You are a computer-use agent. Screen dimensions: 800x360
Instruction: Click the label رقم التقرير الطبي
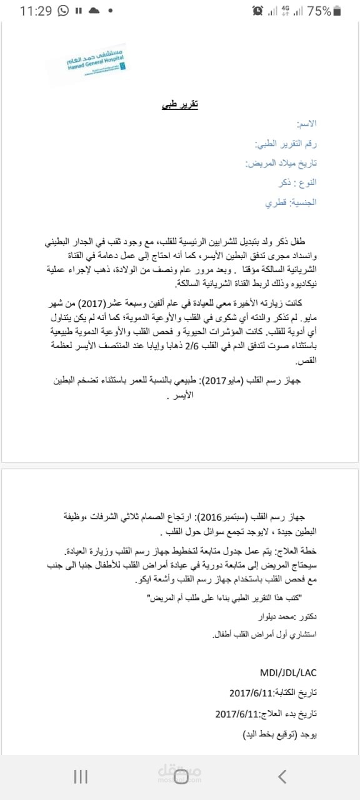286,144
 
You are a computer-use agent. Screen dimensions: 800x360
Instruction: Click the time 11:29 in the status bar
36,11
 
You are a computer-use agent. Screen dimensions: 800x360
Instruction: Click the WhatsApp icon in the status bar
63,11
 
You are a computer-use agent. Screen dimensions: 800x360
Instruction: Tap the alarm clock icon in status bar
257,11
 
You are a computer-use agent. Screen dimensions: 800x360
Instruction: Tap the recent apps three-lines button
80,777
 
